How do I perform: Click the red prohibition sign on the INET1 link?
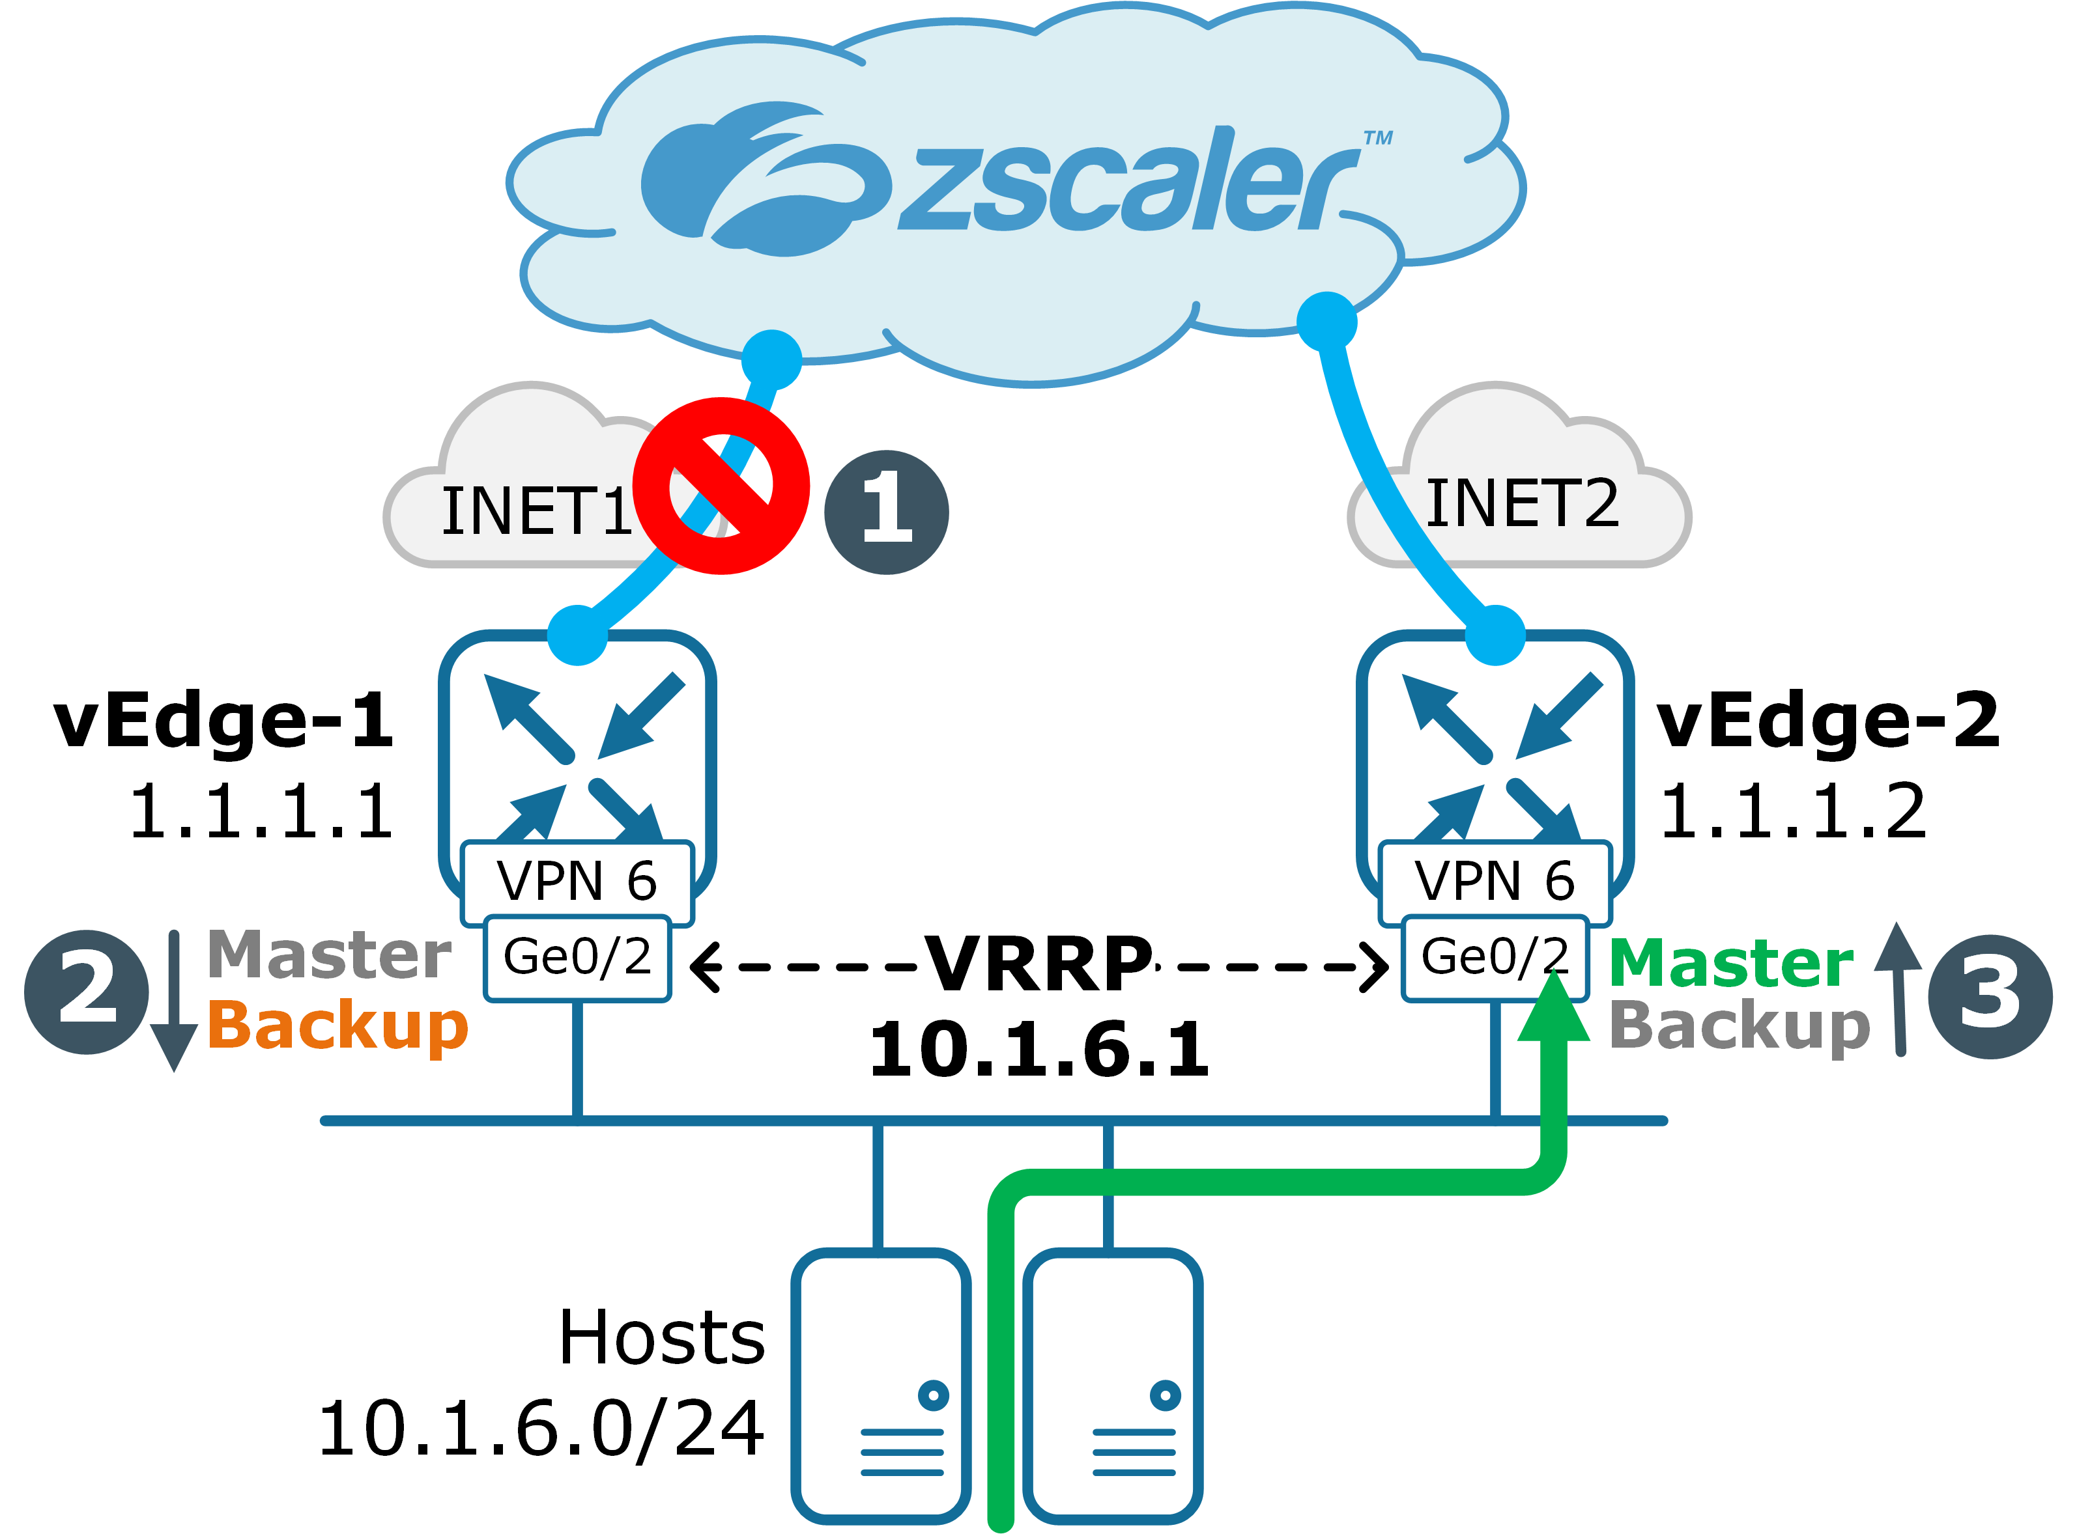(721, 486)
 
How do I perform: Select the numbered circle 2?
(87, 992)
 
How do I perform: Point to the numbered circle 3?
(1989, 996)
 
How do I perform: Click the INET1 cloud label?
(537, 512)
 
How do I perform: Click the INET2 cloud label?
(1521, 504)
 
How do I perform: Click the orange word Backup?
(337, 1026)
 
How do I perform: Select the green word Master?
(1730, 963)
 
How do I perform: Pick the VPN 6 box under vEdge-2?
(1494, 880)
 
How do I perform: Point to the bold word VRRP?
(1038, 965)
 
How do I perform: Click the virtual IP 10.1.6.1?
(1038, 1050)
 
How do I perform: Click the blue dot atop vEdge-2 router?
(1495, 635)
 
